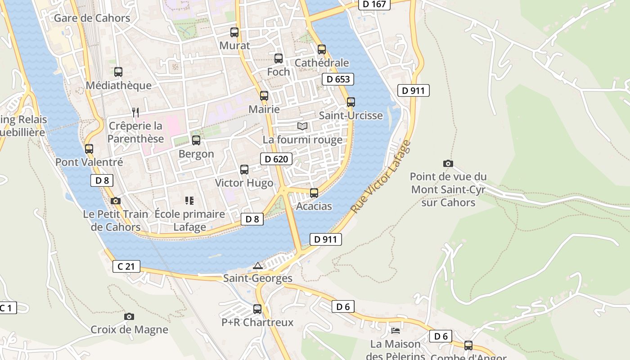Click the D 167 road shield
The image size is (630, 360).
374,4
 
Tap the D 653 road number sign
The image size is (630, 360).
337,79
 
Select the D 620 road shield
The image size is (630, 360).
276,159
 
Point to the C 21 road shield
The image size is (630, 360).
126,266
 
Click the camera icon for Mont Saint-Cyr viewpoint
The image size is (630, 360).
448,163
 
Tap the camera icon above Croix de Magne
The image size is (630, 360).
129,316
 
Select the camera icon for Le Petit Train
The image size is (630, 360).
116,201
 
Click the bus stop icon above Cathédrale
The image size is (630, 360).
322,49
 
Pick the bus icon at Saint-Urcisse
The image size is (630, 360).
351,102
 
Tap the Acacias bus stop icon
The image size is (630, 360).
314,193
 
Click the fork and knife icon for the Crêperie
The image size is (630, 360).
135,112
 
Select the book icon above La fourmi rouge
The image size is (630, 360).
302,126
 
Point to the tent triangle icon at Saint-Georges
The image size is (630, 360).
257,265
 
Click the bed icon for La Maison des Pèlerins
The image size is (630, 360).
396,331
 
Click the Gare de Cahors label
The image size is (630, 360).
92,18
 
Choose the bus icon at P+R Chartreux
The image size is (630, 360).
257,309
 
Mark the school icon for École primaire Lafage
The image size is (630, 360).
189,201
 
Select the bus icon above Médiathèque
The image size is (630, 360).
118,72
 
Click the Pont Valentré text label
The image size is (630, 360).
89,162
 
